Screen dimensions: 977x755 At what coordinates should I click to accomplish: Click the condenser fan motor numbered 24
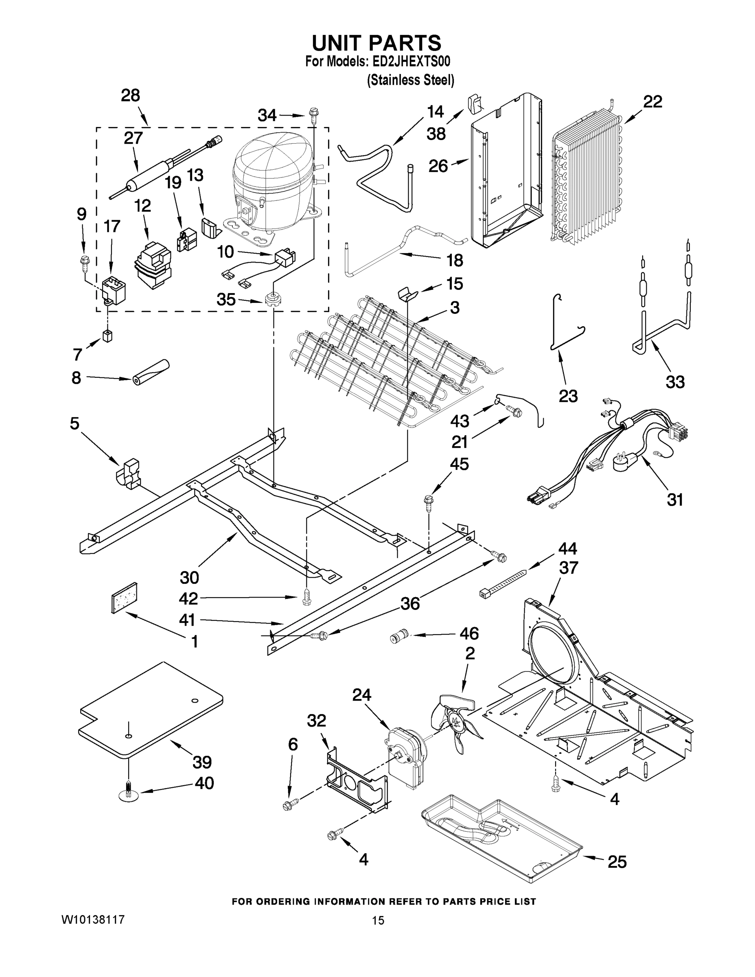pyautogui.click(x=405, y=756)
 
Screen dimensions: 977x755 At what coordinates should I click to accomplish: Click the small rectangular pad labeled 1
pyautogui.click(x=124, y=598)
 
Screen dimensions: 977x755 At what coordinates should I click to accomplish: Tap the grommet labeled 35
pyautogui.click(x=271, y=298)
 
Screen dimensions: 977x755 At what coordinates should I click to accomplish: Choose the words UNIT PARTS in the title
pyautogui.click(x=376, y=44)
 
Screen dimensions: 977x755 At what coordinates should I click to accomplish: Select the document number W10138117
pyautogui.click(x=92, y=920)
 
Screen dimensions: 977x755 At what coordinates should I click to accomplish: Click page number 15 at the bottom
pyautogui.click(x=378, y=921)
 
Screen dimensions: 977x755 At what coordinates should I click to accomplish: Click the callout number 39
pyautogui.click(x=202, y=762)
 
